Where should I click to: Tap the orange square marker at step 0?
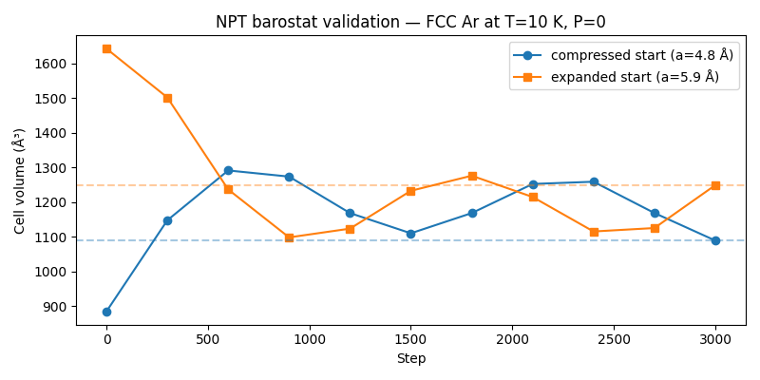click(x=106, y=48)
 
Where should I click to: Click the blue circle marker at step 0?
click(x=106, y=312)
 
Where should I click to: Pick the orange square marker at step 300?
click(x=167, y=98)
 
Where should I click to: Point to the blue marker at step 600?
click(x=228, y=170)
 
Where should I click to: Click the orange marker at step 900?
click(x=289, y=237)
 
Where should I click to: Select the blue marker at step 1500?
click(x=410, y=234)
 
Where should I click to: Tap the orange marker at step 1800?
click(x=472, y=176)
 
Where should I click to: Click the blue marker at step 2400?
click(x=594, y=181)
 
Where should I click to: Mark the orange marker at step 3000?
click(x=715, y=185)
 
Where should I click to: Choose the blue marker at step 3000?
click(x=715, y=240)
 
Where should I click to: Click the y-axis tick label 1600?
click(x=51, y=64)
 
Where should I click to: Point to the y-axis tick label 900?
click(x=55, y=307)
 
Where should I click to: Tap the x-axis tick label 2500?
click(x=614, y=339)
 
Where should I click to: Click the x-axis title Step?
click(x=410, y=359)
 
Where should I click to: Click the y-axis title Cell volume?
click(x=19, y=180)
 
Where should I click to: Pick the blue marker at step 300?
click(x=167, y=220)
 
